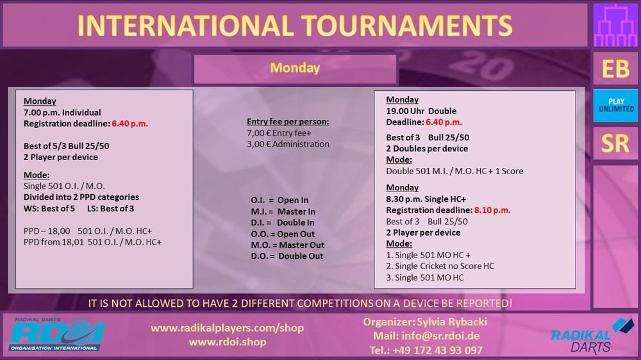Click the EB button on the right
[x=615, y=69]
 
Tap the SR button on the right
[x=615, y=143]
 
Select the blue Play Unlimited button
[x=615, y=106]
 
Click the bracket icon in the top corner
[x=615, y=25]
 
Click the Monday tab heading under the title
[x=295, y=69]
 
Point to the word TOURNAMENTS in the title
[x=407, y=26]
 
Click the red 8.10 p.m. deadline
[x=492, y=210]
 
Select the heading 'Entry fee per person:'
[x=288, y=121]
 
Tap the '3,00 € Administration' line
[x=288, y=144]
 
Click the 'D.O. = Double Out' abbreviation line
[x=287, y=256]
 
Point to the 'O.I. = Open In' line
[x=279, y=200]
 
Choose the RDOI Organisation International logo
[x=56, y=334]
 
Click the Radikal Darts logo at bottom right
[x=592, y=336]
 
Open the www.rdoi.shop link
[x=228, y=341]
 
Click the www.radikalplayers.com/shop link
[x=228, y=328]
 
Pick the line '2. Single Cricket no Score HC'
[x=440, y=266]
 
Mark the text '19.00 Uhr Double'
[x=421, y=111]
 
